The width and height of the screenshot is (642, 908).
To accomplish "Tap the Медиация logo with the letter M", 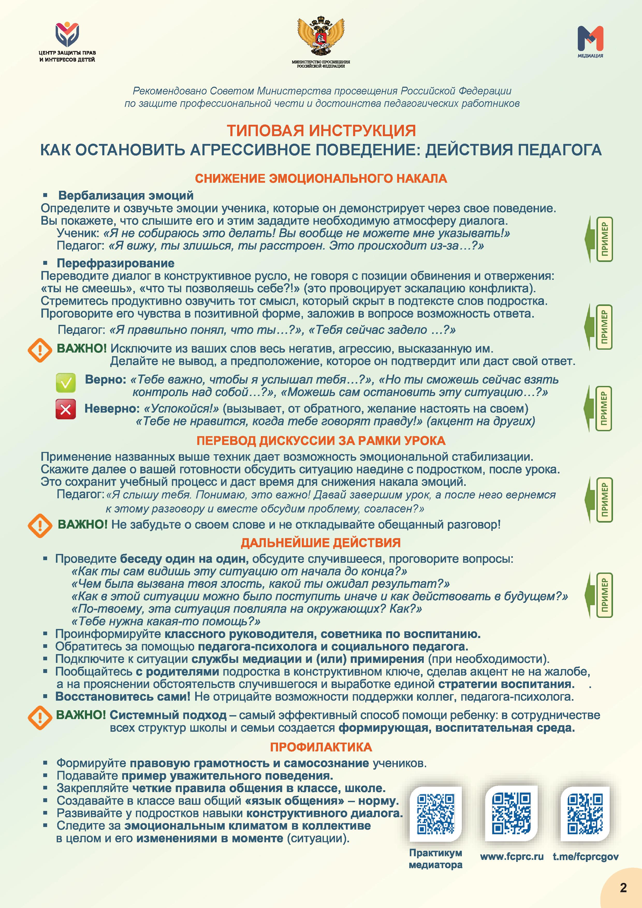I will click(x=590, y=39).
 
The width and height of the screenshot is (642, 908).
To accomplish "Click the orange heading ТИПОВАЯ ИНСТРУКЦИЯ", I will click(x=321, y=130).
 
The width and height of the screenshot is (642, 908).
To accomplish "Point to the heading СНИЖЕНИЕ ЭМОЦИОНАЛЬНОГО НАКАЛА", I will click(x=321, y=179).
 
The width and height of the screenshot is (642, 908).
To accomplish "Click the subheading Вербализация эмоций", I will click(x=126, y=195).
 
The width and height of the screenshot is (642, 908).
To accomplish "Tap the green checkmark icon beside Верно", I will click(x=66, y=382).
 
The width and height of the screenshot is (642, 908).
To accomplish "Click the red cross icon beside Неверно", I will click(x=66, y=409).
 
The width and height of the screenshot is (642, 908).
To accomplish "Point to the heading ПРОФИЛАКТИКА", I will click(x=321, y=747).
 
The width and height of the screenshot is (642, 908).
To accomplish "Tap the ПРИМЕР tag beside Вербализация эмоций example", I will click(x=604, y=239).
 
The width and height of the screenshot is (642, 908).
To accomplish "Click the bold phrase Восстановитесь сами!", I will click(x=123, y=697).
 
